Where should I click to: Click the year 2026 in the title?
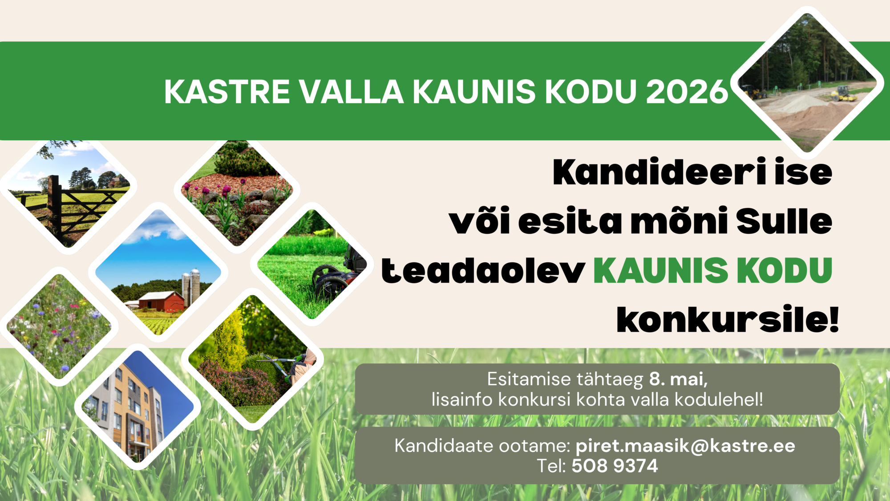coord(687,92)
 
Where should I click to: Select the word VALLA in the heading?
coord(351,92)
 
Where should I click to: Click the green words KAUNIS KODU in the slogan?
coord(712,270)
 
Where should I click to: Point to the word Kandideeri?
coord(659,172)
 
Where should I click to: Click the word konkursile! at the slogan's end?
coord(728,319)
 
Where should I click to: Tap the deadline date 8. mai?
coord(678,379)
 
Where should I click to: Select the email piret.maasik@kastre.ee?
coord(685,446)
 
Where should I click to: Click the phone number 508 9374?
coord(615,466)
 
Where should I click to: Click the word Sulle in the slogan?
coord(784,221)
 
